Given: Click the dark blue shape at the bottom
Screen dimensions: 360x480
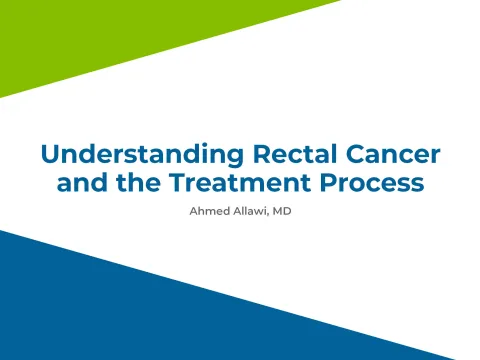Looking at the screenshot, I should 200,310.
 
